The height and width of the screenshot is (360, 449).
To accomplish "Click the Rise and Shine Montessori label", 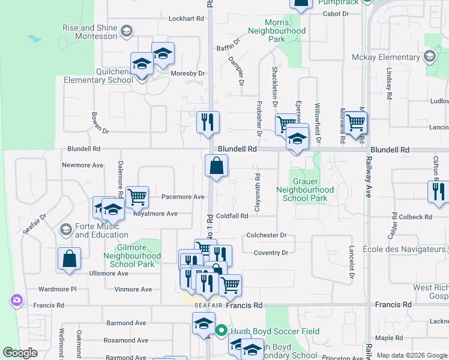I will pyautogui.click(x=90, y=32).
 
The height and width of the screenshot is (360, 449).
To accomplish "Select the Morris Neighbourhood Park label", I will pyautogui.click(x=277, y=31).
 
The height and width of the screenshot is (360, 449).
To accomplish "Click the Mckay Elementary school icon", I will pyautogui.click(x=430, y=57).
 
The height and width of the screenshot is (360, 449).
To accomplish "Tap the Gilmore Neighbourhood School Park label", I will pyautogui.click(x=132, y=256).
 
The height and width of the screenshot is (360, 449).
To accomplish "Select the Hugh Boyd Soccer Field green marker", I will pyautogui.click(x=221, y=330).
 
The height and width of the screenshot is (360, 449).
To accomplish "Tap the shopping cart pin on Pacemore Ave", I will pyautogui.click(x=137, y=196).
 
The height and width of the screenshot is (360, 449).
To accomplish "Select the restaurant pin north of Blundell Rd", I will pyautogui.click(x=208, y=122).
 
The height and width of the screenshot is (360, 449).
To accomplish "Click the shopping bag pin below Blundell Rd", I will pyautogui.click(x=216, y=165).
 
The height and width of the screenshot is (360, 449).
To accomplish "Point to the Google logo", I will pyautogui.click(x=20, y=353).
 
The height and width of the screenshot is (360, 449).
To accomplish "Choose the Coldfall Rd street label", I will pyautogui.click(x=232, y=216).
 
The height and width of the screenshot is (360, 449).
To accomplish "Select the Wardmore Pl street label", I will pyautogui.click(x=58, y=289).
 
